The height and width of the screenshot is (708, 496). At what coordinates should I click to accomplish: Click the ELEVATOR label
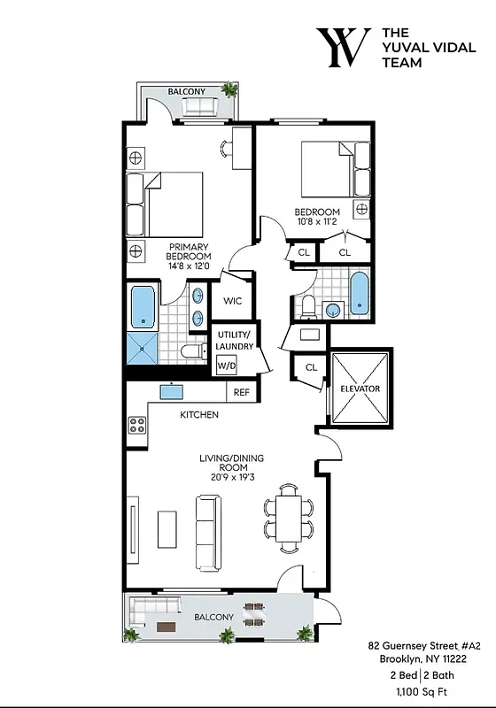click(x=360, y=389)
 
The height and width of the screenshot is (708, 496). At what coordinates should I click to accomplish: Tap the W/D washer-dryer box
click(x=226, y=365)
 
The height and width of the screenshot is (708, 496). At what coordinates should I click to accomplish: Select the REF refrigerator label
click(x=241, y=393)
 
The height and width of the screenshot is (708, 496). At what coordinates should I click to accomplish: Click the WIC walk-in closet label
click(x=232, y=301)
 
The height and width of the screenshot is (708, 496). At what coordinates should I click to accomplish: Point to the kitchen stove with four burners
click(x=137, y=424)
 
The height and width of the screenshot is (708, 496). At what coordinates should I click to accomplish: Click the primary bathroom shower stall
click(x=142, y=350)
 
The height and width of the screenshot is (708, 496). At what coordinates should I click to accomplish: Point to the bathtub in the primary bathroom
click(x=142, y=305)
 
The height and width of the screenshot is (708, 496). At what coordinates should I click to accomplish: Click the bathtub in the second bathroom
click(x=359, y=294)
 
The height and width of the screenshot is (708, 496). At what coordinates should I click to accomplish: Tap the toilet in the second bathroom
click(x=308, y=306)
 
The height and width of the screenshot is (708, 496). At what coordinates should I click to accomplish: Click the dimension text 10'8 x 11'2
click(x=317, y=223)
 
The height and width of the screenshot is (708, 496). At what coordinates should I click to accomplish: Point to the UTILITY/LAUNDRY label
click(x=234, y=339)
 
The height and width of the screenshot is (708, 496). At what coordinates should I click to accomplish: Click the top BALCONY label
click(x=186, y=91)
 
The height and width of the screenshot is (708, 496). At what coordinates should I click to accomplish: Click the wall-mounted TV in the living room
click(x=134, y=528)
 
